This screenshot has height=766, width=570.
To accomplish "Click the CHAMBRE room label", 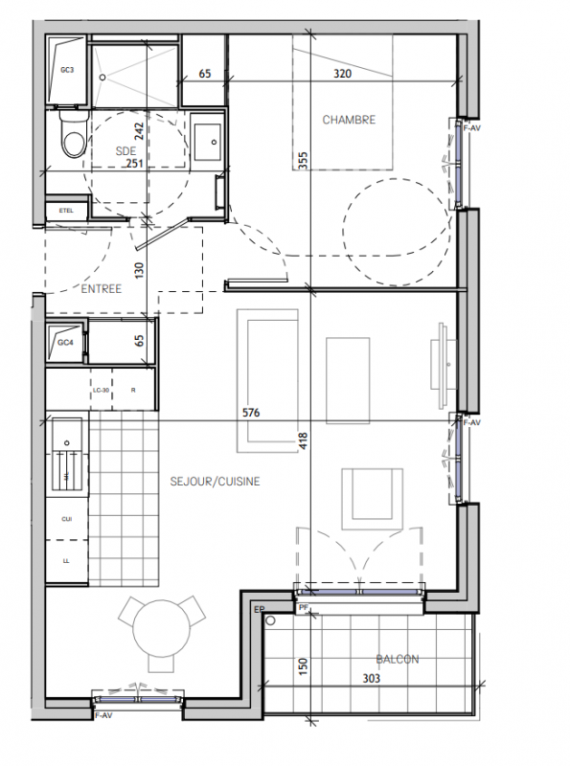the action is click(x=349, y=120).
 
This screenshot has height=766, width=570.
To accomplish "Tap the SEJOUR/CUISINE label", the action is click(x=216, y=482).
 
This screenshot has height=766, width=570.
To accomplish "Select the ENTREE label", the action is click(x=102, y=289).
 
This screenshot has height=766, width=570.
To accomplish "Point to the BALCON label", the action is click(x=398, y=660).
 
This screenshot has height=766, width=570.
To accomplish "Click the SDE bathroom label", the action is click(x=125, y=151).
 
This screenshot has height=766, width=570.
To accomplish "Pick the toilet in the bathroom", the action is click(x=74, y=134).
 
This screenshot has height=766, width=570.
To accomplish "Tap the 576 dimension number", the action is click(x=251, y=413).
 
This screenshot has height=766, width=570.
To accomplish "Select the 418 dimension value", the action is click(x=303, y=440).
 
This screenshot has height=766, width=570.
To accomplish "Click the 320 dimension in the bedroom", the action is click(x=342, y=74).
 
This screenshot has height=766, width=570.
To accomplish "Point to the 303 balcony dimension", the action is click(x=371, y=678).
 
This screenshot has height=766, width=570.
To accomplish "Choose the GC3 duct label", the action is click(x=67, y=70).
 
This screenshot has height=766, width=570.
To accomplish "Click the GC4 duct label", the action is click(x=65, y=343).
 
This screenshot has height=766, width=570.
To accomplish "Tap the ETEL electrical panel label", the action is click(x=66, y=211).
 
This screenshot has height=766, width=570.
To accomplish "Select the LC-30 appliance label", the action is click(x=101, y=391).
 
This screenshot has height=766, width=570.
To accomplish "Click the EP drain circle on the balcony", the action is click(x=270, y=620).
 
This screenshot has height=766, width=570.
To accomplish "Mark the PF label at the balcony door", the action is click(x=304, y=608).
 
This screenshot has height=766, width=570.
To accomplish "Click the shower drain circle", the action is click(x=103, y=78).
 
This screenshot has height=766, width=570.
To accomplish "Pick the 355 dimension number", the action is click(x=303, y=161).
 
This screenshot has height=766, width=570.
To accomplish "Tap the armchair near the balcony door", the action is click(x=372, y=499).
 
